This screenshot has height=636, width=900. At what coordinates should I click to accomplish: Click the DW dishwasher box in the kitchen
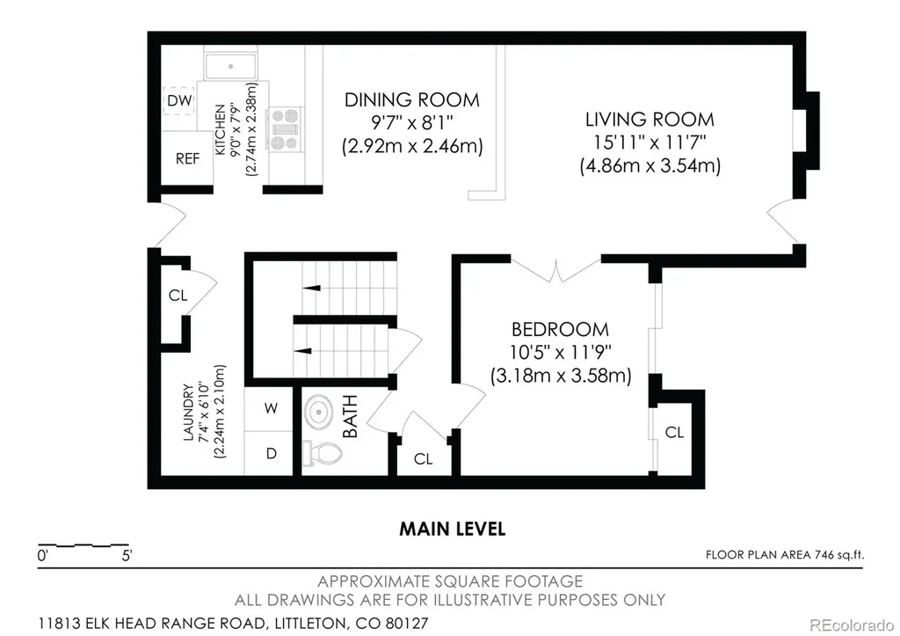coord(178,101)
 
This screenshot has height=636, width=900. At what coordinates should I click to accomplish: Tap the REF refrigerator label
coord(188,158)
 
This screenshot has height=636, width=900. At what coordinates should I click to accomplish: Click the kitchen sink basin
coord(231,67)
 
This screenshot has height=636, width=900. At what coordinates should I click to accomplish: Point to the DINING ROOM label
coord(412,100)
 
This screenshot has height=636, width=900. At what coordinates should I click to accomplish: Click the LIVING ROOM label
coord(650,120)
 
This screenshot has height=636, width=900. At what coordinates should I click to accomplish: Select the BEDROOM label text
coord(560,329)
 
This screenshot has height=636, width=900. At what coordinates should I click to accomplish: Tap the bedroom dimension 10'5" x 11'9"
coord(560,352)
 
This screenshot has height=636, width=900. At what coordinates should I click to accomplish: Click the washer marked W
coord(271,408)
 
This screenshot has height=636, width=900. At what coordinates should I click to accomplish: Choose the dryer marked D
coord(271,453)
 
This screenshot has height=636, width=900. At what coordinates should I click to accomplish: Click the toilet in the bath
coord(322,453)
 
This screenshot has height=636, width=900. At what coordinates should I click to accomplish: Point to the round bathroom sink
coord(319,413)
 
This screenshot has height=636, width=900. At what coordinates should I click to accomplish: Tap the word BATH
coord(350,417)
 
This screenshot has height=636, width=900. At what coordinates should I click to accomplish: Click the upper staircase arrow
coord(312,288)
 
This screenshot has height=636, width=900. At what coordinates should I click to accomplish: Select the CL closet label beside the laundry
coord(178,296)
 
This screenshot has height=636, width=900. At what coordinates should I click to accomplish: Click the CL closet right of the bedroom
coord(674,432)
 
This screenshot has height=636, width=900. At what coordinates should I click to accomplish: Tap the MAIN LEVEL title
coord(453,529)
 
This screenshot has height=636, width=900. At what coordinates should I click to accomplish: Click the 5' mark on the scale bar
coord(127,556)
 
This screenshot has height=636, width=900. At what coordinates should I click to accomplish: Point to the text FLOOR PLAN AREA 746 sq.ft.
coord(785,554)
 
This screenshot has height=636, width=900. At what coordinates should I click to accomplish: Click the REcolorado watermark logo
coord(851,625)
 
